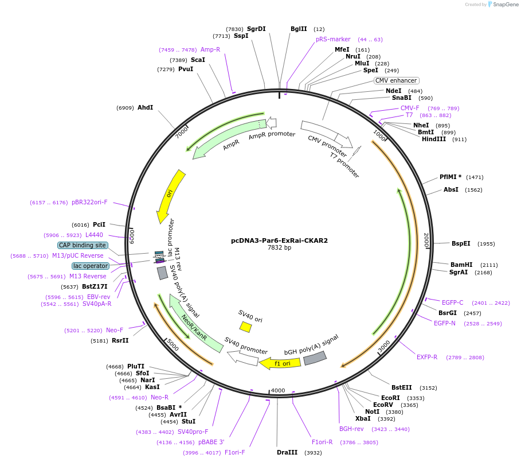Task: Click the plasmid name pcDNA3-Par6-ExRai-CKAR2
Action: pyautogui.click(x=279, y=240)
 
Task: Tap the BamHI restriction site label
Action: pyautogui.click(x=461, y=265)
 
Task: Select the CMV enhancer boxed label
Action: pyautogui.click(x=396, y=80)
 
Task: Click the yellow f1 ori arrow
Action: pyautogui.click(x=280, y=363)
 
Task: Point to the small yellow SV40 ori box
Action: pyautogui.click(x=245, y=327)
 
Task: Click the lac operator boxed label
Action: pyautogui.click(x=90, y=266)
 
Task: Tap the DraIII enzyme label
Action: pyautogui.click(x=287, y=452)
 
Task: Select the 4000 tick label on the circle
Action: pyautogui.click(x=278, y=390)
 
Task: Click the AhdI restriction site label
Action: pyautogui.click(x=145, y=107)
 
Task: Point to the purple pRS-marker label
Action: pyautogui.click(x=333, y=39)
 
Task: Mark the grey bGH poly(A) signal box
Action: pyautogui.click(x=315, y=358)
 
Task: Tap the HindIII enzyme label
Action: pyautogui.click(x=434, y=139)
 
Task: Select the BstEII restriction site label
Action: pyautogui.click(x=402, y=387)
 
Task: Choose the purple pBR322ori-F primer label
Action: pyautogui.click(x=89, y=202)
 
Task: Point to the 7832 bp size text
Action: pyautogui.click(x=279, y=248)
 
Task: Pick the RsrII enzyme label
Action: pyautogui.click(x=120, y=340)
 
